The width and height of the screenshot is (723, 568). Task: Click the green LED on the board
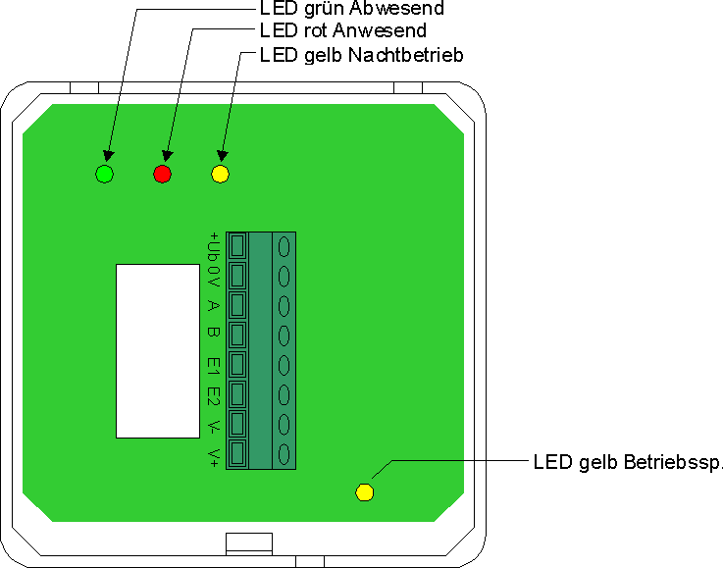click(x=104, y=175)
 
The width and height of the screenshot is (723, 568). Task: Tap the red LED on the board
click(x=162, y=175)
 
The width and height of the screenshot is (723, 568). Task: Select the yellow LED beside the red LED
click(x=220, y=175)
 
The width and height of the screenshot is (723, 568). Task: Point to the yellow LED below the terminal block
click(x=364, y=491)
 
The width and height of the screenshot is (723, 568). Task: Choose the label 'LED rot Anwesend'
click(x=342, y=31)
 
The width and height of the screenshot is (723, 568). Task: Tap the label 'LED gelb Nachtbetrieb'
click(x=361, y=54)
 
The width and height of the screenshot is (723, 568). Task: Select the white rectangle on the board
click(x=157, y=350)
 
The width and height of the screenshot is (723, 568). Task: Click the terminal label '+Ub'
click(x=212, y=245)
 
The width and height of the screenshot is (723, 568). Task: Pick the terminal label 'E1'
click(x=212, y=366)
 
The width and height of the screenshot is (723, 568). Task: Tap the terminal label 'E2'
click(x=212, y=396)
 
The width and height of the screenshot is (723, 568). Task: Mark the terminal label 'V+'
click(x=212, y=456)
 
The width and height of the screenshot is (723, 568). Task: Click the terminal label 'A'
click(x=212, y=306)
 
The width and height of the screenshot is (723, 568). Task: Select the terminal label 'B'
click(x=212, y=335)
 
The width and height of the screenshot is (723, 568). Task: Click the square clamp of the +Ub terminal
click(x=236, y=245)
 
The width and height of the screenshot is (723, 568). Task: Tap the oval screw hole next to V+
click(x=284, y=454)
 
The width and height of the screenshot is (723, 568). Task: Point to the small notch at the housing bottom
click(x=248, y=542)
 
